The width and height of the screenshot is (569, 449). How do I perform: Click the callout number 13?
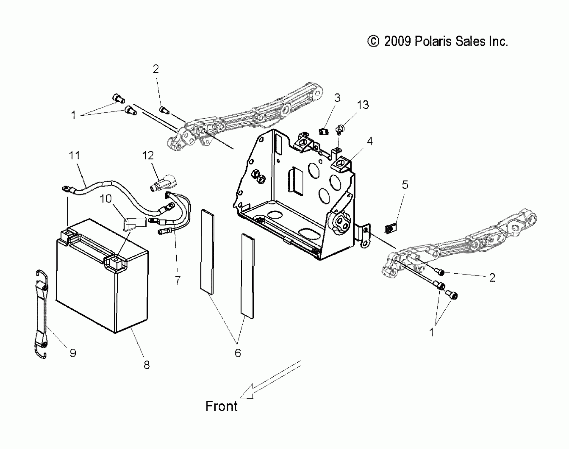tap(363, 105)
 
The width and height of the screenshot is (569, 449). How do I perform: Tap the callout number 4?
tap(370, 141)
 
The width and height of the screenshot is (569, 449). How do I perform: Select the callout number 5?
tap(405, 185)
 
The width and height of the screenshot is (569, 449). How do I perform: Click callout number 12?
tap(148, 156)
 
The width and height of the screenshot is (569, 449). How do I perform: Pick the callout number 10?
tap(106, 199)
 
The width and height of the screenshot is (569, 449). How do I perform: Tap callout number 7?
tap(178, 280)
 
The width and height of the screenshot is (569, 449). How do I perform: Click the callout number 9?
tap(73, 353)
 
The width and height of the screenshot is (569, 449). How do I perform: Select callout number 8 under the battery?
tap(147, 365)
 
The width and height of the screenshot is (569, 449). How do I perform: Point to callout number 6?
tap(238, 353)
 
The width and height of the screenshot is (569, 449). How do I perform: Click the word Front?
tap(221, 406)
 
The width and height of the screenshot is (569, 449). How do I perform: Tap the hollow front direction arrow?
tap(271, 381)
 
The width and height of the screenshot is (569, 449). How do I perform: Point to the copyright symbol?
tap(373, 41)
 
